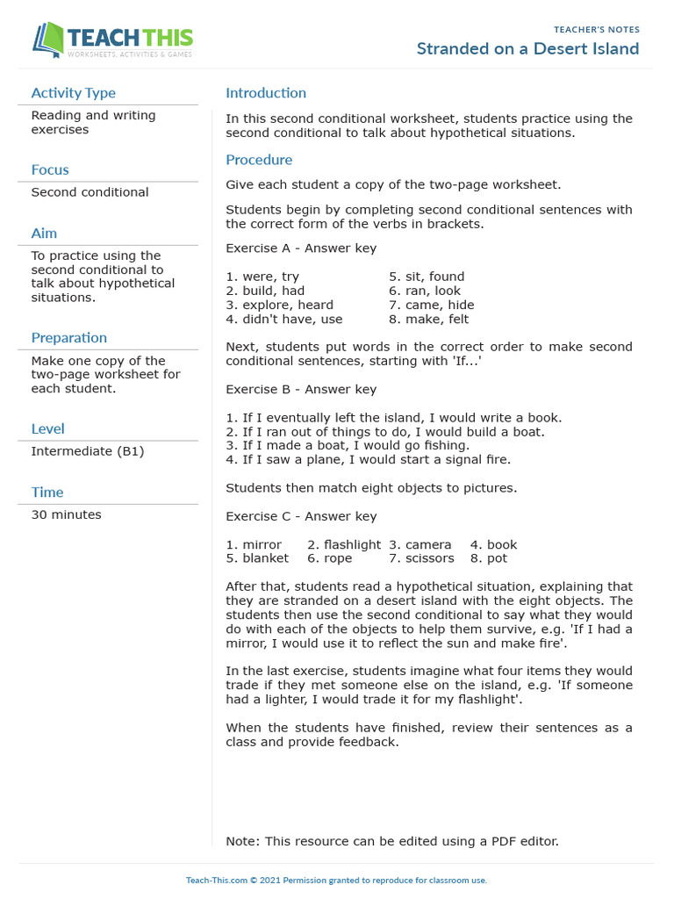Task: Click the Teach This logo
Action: (x=112, y=40)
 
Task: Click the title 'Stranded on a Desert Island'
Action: (x=527, y=48)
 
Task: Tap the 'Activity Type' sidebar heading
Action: (x=73, y=93)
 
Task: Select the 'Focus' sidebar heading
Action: (x=50, y=169)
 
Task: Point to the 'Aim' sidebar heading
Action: (x=44, y=233)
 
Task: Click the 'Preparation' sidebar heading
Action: (x=68, y=338)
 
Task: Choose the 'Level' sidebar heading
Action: (x=47, y=428)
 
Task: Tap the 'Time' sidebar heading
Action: (x=47, y=493)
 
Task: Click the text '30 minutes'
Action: (x=66, y=514)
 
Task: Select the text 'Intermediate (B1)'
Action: (x=87, y=451)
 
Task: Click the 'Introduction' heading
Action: (x=266, y=93)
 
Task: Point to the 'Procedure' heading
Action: (x=259, y=160)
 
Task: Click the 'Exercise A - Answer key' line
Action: (x=301, y=248)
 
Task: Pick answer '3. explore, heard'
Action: (x=279, y=305)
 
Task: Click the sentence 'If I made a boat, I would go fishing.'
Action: (x=348, y=445)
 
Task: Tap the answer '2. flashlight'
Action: (x=344, y=544)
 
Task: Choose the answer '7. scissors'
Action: (x=421, y=558)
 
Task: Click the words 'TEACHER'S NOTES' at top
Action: (x=596, y=30)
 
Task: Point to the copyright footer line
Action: (x=336, y=880)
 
